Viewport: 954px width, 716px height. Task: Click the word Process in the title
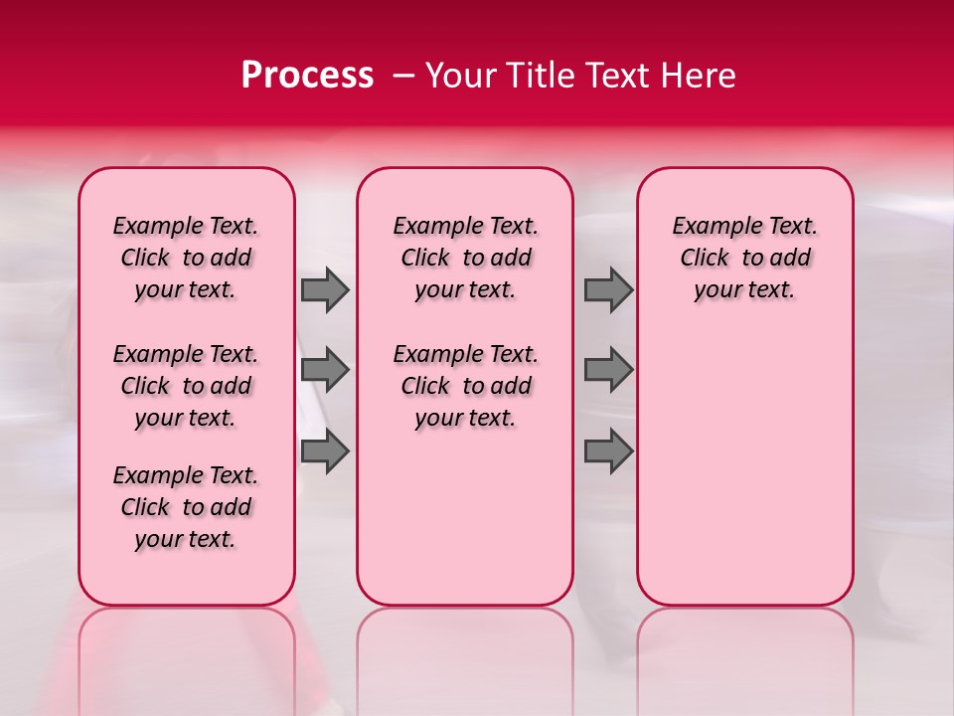307,76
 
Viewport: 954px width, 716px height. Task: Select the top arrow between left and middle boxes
325,289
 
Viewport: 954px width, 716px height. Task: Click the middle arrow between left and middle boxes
325,370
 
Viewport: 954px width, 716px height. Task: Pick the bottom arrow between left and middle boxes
325,451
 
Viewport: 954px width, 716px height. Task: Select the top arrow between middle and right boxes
608,289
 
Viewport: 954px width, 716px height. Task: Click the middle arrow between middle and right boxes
608,370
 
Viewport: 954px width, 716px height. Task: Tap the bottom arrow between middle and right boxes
608,451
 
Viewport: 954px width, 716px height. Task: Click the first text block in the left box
186,258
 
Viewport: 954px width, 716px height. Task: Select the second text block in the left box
186,386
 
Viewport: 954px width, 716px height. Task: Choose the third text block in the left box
186,507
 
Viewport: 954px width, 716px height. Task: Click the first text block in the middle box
465,258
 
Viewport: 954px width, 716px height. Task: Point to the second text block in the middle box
465,386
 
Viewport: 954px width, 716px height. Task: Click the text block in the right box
744,258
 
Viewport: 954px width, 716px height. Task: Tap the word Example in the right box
710,227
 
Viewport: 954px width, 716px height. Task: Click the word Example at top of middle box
430,227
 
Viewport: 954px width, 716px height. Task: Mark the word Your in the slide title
462,76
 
